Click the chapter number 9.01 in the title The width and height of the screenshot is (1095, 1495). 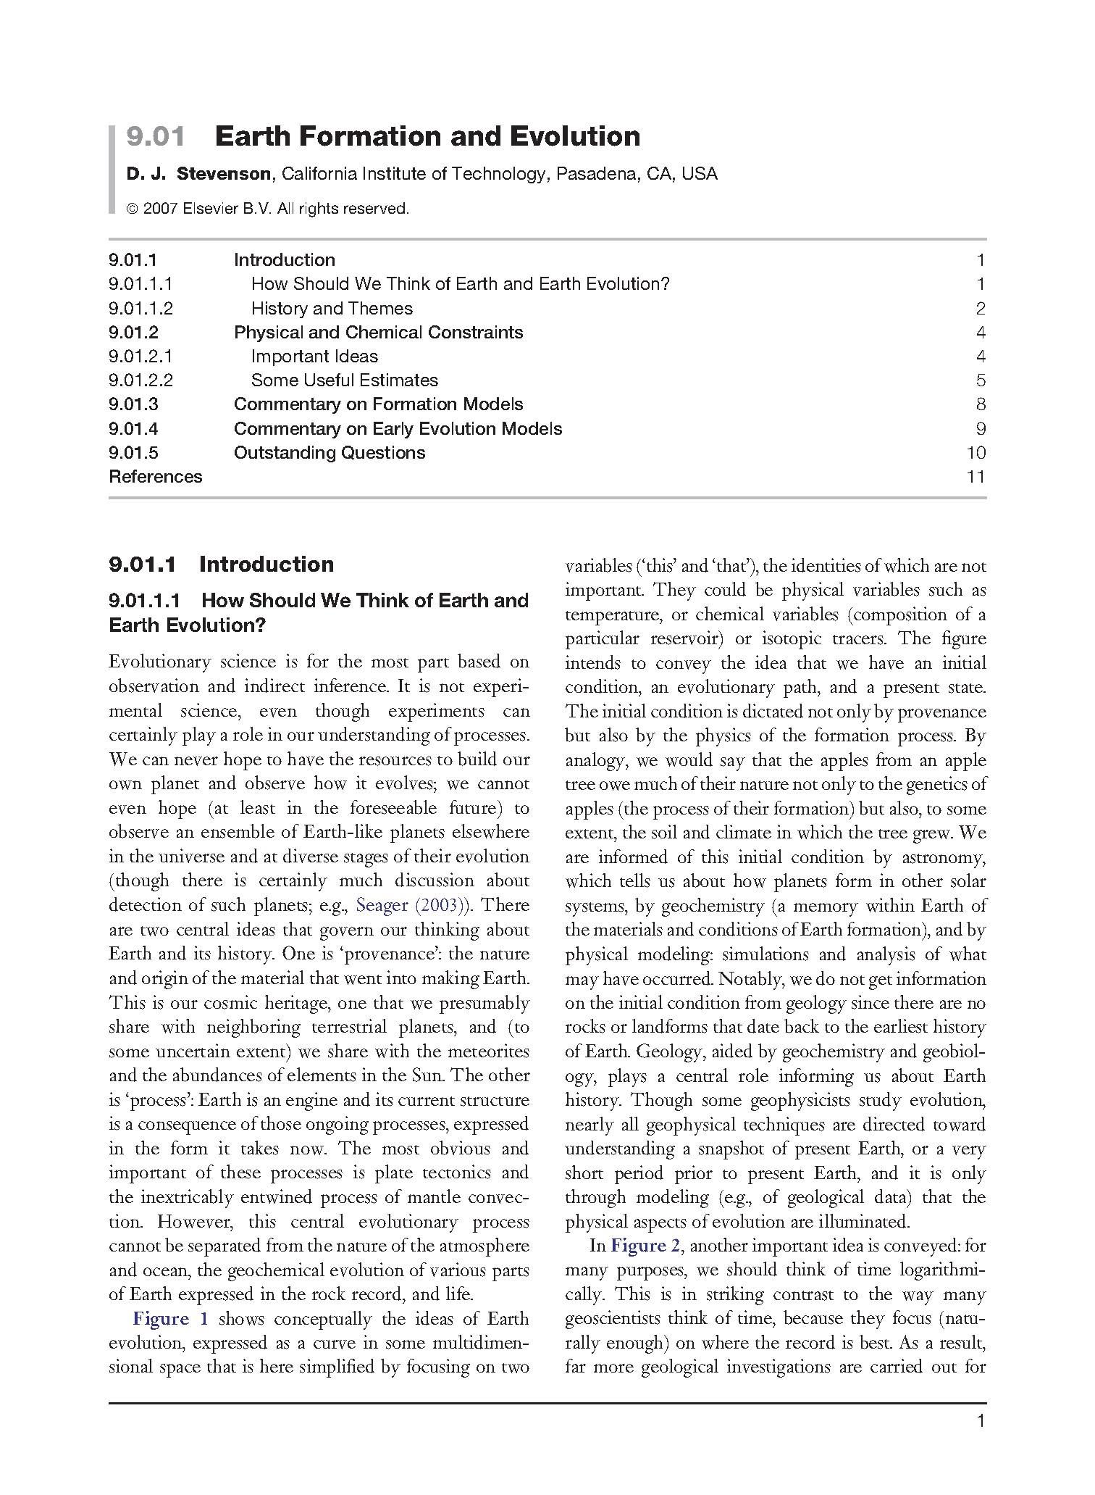click(155, 136)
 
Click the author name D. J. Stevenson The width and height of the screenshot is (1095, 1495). click(199, 175)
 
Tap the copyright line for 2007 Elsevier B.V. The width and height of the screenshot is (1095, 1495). click(268, 209)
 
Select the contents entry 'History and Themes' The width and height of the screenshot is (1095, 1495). click(332, 309)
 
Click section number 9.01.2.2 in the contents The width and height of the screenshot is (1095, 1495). click(140, 380)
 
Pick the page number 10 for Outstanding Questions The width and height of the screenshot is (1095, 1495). click(976, 453)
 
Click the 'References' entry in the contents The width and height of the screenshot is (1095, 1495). click(155, 477)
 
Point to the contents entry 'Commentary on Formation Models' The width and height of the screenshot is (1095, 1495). click(378, 404)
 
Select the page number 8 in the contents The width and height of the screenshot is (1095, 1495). click(981, 404)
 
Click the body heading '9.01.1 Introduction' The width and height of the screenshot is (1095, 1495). click(221, 565)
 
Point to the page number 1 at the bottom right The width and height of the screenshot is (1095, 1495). click(981, 1422)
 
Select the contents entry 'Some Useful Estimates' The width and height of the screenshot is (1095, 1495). click(344, 380)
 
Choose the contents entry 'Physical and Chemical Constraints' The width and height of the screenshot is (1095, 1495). click(378, 333)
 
